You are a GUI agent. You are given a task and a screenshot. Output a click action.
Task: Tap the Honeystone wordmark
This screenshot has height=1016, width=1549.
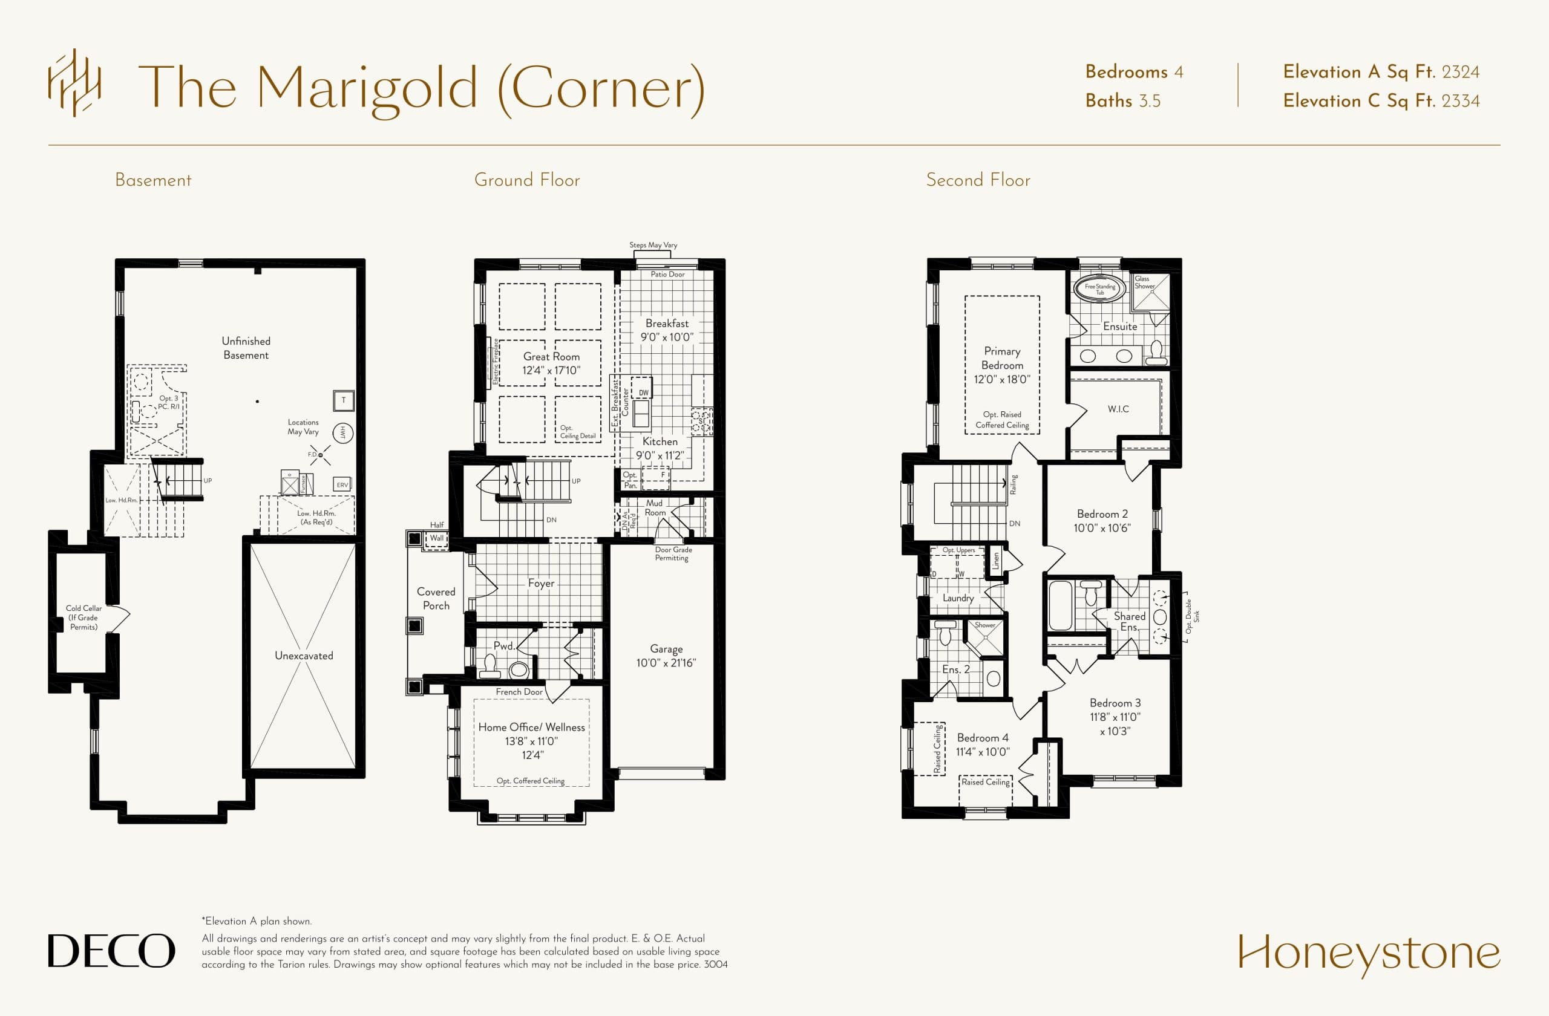[x=1369, y=953]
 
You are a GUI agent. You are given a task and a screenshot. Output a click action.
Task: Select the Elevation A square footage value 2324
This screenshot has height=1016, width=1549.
[x=1461, y=72]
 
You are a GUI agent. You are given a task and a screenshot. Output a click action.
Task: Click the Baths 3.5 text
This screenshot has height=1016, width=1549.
[x=1122, y=101]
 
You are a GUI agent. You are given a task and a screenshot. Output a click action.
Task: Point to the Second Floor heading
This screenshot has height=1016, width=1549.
[x=978, y=180]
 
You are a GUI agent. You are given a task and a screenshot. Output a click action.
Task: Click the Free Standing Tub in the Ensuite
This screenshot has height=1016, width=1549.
[x=1099, y=288]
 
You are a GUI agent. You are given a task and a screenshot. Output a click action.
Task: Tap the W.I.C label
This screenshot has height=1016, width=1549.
[x=1118, y=409]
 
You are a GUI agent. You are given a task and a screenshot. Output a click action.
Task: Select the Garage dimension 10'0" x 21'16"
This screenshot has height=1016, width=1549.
[x=666, y=663]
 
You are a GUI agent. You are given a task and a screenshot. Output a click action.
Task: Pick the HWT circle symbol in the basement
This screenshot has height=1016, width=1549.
[x=343, y=432]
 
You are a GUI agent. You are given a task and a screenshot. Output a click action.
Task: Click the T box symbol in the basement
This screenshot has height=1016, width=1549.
[x=344, y=400]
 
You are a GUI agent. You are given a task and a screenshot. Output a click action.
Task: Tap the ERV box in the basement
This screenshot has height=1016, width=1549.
[x=342, y=484]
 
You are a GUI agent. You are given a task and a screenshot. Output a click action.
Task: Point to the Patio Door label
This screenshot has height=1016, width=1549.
[x=667, y=275]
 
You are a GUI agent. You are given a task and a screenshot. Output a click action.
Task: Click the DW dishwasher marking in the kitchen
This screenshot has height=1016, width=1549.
[x=643, y=392]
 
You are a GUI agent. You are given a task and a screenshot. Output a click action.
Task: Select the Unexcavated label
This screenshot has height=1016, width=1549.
[x=304, y=656]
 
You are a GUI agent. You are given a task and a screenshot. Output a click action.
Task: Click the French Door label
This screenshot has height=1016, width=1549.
[x=519, y=691]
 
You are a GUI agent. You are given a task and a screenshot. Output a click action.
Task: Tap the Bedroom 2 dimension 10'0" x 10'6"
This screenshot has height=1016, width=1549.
[x=1102, y=528]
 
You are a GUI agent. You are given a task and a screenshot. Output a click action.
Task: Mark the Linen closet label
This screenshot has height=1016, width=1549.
[x=995, y=561]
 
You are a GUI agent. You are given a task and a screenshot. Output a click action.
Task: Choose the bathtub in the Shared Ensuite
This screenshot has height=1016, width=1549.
[x=1060, y=605]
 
